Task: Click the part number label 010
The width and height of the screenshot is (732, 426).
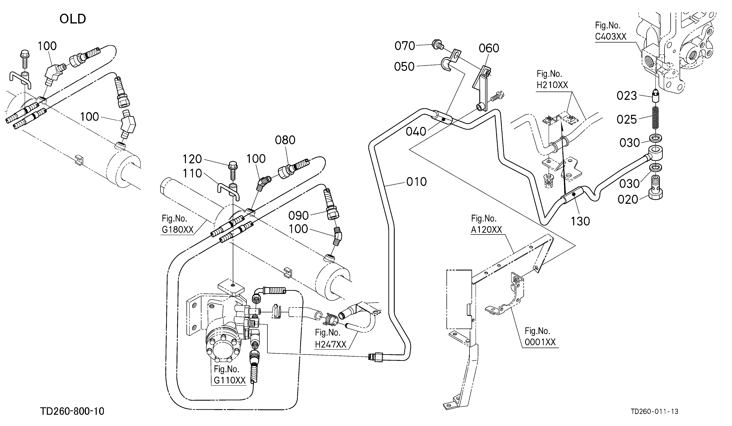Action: click(x=416, y=182)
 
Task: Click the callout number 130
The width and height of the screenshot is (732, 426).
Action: click(x=580, y=221)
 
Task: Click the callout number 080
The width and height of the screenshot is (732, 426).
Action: click(x=285, y=140)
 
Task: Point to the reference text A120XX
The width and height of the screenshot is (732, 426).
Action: click(x=486, y=230)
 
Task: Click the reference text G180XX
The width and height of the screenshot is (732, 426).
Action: click(x=177, y=230)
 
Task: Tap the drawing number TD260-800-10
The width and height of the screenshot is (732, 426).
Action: click(x=72, y=411)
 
